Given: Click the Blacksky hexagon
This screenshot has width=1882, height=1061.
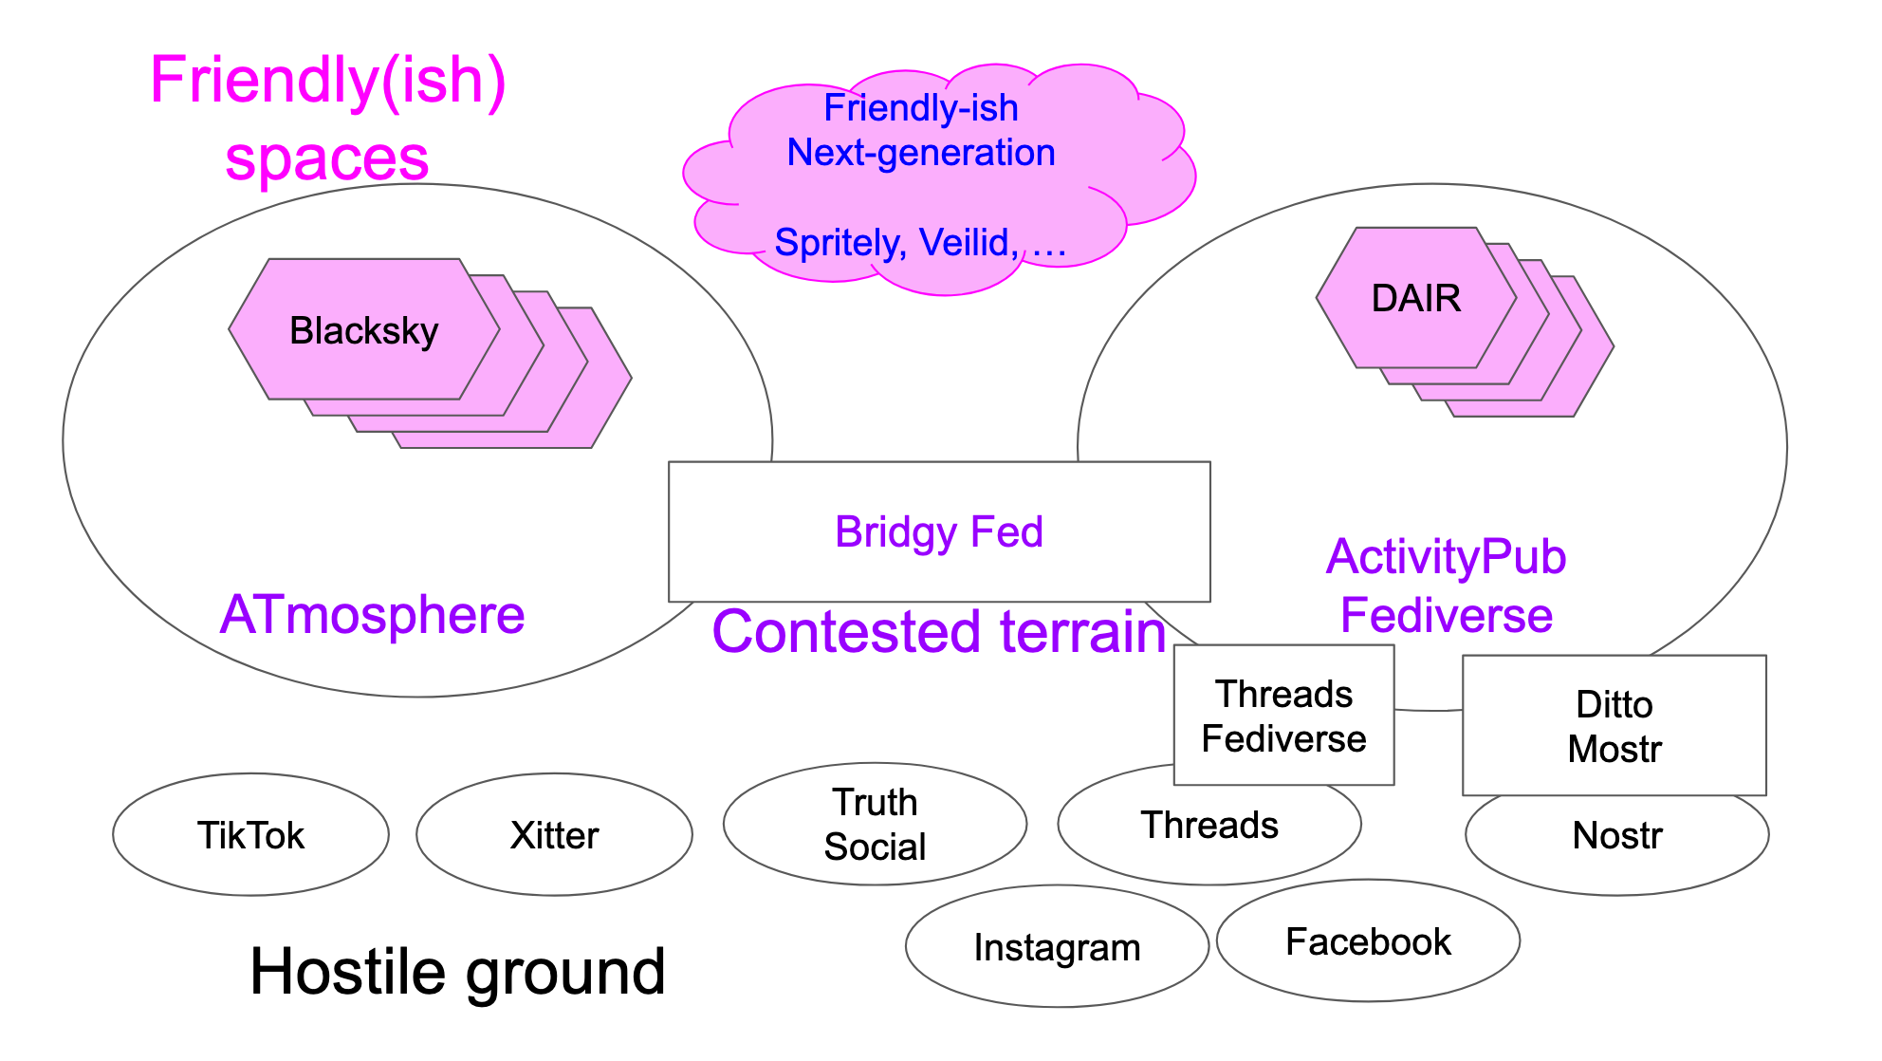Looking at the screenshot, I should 364,330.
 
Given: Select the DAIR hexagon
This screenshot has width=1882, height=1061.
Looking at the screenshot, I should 1415,298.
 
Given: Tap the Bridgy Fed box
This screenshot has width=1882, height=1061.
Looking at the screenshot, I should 939,531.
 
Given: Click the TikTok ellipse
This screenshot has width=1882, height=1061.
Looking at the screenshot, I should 250,835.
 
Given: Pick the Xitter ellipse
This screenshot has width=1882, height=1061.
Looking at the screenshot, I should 554,835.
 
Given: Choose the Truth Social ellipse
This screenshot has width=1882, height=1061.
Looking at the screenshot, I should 875,824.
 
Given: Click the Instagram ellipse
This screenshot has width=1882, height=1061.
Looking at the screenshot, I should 1057,947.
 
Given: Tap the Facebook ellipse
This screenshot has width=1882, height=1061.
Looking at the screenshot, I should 1368,941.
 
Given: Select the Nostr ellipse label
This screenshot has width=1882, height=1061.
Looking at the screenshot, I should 1617,836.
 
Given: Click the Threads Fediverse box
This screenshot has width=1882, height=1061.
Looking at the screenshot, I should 1283,716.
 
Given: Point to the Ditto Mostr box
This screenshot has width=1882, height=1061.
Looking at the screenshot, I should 1614,726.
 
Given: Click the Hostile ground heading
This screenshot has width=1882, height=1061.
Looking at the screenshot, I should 457,972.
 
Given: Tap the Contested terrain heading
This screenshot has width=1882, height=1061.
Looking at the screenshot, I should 939,632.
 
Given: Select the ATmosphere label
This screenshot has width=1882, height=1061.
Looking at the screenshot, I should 372,615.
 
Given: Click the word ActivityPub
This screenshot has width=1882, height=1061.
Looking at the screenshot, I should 1446,557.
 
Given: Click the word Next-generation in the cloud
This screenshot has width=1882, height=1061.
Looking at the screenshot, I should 920,153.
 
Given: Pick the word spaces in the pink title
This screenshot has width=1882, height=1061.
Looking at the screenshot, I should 327,158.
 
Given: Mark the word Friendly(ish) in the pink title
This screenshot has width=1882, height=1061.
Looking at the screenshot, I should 327,80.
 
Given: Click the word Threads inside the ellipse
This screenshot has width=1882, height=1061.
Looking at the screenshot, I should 1209,826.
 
